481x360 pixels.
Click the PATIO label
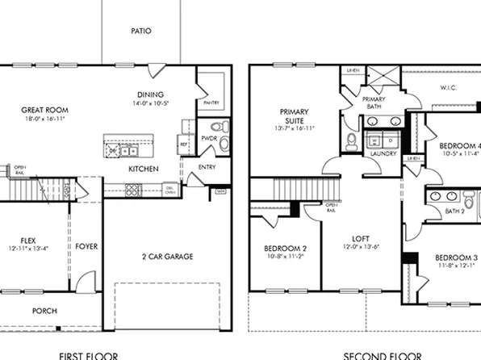pos(141,31)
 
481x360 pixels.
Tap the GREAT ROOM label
pos(44,110)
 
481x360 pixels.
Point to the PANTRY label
pos(211,103)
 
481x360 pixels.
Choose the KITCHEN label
pos(144,169)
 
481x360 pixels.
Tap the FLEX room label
pos(30,240)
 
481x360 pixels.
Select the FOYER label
pos(86,246)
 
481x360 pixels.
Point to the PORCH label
pos(44,311)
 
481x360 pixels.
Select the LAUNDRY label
pos(383,153)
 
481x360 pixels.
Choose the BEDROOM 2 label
pos(285,249)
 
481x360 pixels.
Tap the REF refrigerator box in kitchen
pos(183,145)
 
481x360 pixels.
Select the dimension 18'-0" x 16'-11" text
pos(44,119)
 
